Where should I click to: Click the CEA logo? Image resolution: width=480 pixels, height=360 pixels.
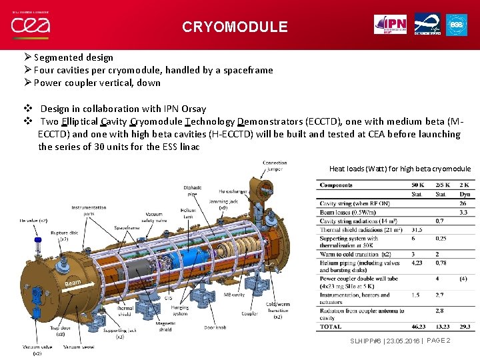tap(30, 25)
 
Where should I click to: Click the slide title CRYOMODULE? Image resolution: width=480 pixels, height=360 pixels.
tap(235, 27)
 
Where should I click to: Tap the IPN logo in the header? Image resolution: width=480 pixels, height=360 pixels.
tap(390, 24)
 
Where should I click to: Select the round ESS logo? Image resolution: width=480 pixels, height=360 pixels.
tap(457, 24)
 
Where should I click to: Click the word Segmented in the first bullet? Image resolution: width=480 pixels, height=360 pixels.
tap(59, 57)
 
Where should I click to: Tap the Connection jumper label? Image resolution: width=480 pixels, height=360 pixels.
tap(275, 166)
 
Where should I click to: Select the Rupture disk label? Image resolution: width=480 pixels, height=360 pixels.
tap(64, 235)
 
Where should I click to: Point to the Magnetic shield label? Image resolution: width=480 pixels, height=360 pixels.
tap(166, 327)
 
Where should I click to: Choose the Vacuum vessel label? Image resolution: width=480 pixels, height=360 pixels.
tap(78, 347)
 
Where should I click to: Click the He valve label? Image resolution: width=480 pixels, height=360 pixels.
tap(33, 220)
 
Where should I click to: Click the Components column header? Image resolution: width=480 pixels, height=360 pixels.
tap(336, 185)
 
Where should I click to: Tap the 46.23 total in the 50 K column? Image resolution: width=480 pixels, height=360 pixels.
tap(419, 327)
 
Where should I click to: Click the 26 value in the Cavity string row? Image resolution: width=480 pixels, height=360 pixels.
tap(463, 203)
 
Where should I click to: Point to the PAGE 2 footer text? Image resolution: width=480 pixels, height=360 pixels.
tap(438, 341)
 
